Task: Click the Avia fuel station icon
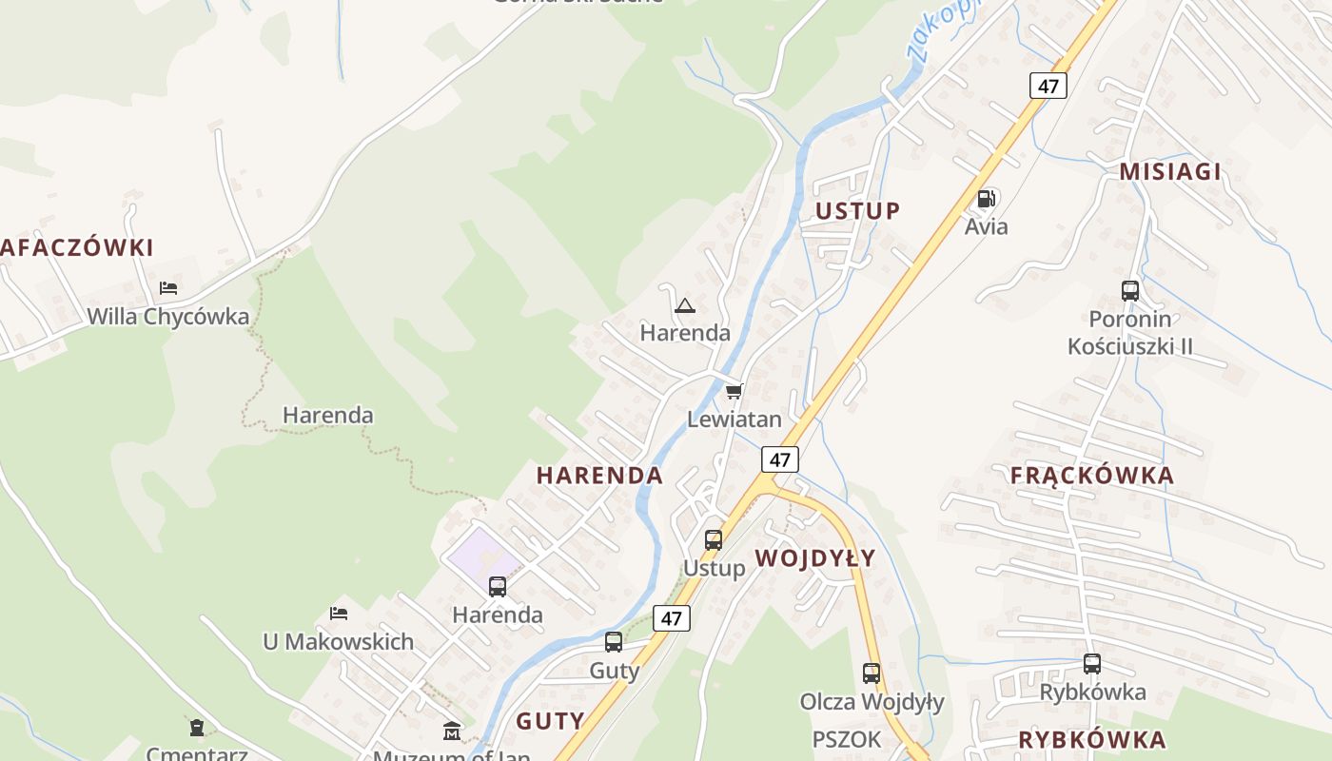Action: pos(986,200)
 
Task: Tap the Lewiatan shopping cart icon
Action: pos(734,391)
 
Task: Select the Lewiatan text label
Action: pos(735,419)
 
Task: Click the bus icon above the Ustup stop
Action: pos(714,540)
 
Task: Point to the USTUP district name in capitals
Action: pos(858,211)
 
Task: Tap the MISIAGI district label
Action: pos(1169,172)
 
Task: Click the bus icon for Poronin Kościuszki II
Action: pos(1129,291)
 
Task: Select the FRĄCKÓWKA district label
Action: pos(1091,476)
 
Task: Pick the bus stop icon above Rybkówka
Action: pos(1091,664)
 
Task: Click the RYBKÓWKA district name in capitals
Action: pos(1091,740)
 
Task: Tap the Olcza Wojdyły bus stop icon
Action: pos(871,673)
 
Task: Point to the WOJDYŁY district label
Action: pos(814,558)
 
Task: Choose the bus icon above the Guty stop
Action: pos(614,642)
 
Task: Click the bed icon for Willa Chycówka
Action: pos(168,287)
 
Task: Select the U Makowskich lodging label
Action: pos(338,642)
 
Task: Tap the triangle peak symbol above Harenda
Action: pos(684,305)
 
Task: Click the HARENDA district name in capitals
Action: pos(599,476)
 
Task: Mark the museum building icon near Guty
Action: pos(452,731)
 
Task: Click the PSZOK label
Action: pos(846,739)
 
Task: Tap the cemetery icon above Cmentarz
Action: pos(196,729)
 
